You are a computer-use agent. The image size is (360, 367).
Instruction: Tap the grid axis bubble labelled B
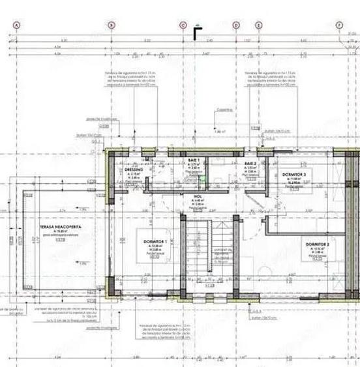(111, 25)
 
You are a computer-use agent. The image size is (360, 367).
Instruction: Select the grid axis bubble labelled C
(183, 25)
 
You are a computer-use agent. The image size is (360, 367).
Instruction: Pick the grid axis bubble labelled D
(236, 25)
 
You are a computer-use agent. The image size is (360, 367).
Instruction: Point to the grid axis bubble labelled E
(259, 25)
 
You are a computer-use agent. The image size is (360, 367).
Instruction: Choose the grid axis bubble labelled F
(339, 25)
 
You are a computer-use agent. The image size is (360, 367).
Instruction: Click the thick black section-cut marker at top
(198, 31)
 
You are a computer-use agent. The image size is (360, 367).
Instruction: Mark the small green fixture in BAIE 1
(203, 177)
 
